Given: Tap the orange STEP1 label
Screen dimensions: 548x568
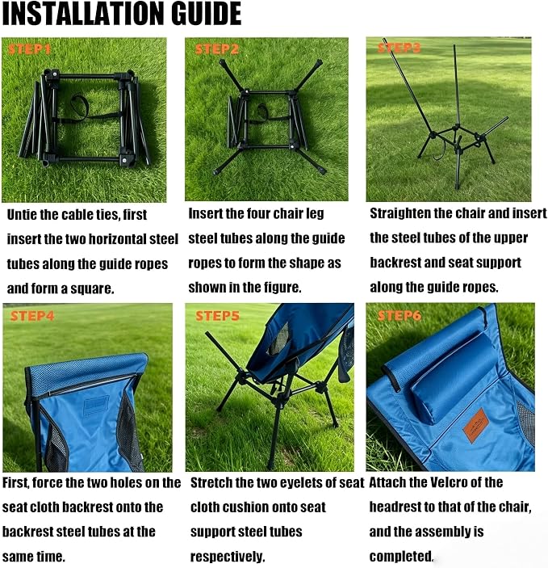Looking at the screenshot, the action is tap(29, 49).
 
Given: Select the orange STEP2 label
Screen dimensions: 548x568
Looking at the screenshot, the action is tap(217, 49).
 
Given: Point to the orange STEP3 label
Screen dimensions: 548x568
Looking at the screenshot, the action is tap(399, 48).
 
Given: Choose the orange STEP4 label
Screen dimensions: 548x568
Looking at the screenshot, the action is tap(32, 316).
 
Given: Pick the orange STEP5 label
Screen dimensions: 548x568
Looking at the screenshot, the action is tap(218, 316).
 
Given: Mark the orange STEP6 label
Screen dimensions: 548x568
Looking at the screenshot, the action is tap(399, 316).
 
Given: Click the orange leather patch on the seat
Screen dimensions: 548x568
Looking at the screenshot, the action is tap(476, 425).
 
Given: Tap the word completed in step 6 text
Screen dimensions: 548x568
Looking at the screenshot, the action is tap(401, 556).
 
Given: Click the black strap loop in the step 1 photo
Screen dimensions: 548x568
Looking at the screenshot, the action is tap(80, 103).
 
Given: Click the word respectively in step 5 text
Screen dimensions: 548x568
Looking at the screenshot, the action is tap(228, 557).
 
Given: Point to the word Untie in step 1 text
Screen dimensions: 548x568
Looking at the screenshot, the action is tap(22, 215).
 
